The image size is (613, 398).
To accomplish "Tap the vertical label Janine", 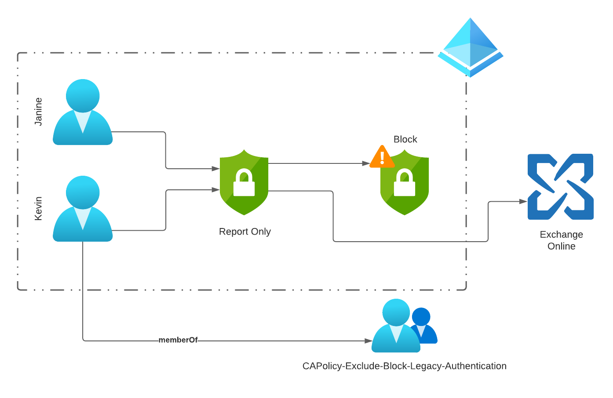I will [39, 112].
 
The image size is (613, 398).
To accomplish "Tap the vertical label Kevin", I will [39, 208].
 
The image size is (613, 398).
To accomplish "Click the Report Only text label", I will [244, 232].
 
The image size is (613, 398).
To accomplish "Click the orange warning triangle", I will [382, 158].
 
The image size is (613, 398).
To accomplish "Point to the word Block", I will [405, 139].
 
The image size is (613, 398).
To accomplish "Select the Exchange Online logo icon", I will [560, 187].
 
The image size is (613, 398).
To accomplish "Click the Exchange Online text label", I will [561, 240].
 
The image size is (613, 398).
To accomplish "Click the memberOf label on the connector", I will [178, 340].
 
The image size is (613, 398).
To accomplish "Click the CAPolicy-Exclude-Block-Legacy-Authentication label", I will [404, 366].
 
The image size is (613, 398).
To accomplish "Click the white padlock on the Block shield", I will [404, 183].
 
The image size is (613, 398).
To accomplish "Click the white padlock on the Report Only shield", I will [244, 183].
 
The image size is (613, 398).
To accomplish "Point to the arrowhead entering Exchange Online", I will [523, 202].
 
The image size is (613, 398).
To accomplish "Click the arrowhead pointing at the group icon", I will [368, 341].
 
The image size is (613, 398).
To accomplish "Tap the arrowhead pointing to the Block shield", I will [366, 163].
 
